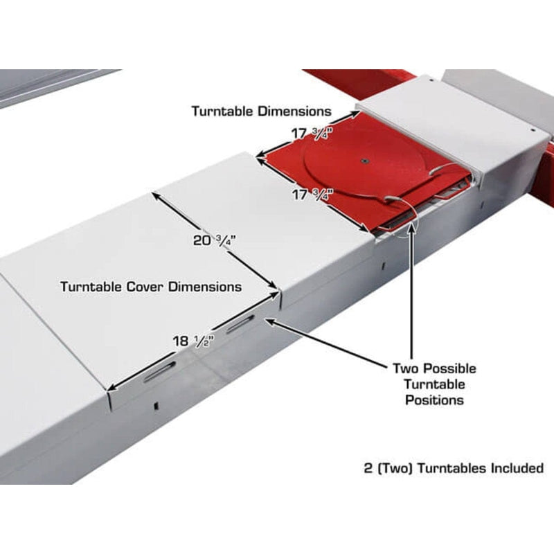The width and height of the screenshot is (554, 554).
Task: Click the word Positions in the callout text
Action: pyautogui.click(x=435, y=400)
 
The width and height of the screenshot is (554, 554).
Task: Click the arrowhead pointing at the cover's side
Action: pyautogui.click(x=269, y=321)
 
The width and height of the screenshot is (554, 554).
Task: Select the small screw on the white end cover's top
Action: pyautogui.click(x=430, y=81)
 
